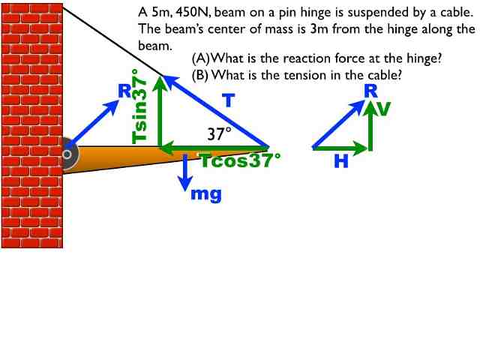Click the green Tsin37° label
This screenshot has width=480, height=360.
point(139,106)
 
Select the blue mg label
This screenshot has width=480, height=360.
point(206,194)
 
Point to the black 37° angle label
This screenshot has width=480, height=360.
point(220,134)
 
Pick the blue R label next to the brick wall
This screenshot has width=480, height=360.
point(124,91)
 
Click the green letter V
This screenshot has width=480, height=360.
point(384,109)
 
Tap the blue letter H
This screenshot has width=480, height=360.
point(341,161)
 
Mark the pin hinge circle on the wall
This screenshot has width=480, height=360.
point(67,154)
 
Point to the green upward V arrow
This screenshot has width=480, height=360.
point(369,124)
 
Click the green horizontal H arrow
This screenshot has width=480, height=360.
point(340,148)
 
